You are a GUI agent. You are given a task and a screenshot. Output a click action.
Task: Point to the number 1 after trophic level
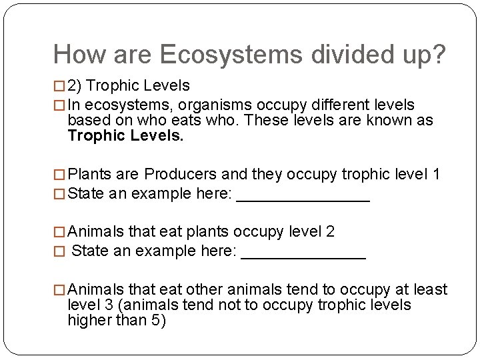pos(436,175)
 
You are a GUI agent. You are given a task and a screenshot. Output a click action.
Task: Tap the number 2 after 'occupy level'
pos(330,231)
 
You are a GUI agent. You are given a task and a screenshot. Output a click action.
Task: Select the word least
pos(430,289)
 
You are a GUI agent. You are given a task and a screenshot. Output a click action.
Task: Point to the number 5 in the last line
pos(155,320)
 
